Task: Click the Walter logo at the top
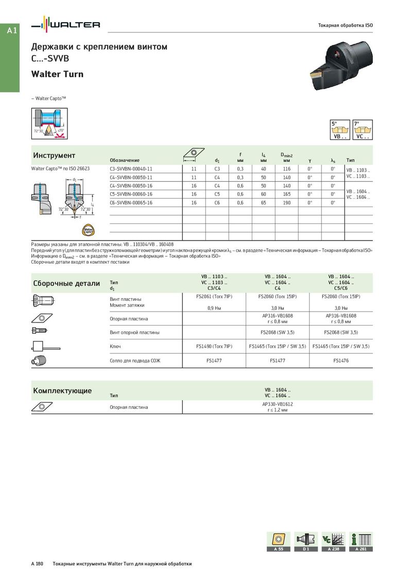(66, 25)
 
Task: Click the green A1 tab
(12, 31)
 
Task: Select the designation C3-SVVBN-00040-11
(131, 168)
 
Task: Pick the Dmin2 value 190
(287, 202)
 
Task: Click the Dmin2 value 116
(287, 168)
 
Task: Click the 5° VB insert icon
(338, 130)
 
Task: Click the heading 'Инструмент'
(54, 156)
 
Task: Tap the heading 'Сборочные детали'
(66, 283)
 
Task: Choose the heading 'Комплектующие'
(62, 390)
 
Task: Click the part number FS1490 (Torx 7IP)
(214, 346)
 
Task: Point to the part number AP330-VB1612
(278, 404)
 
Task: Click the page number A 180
(37, 564)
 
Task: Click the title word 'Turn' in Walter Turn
(73, 74)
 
